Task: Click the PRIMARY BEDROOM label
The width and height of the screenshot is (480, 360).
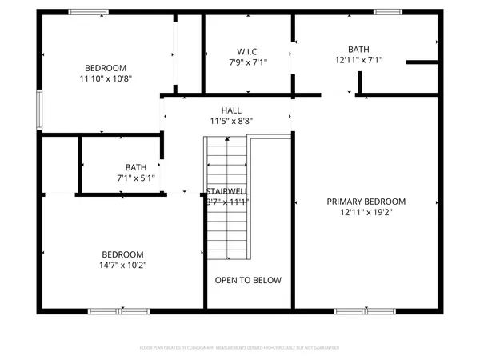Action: click(366, 202)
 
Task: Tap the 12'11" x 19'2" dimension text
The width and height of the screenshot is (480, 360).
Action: click(366, 212)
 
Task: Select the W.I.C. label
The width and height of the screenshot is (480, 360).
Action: click(247, 51)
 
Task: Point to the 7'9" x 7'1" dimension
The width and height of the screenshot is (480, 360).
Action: click(247, 62)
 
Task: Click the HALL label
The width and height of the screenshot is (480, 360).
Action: click(231, 110)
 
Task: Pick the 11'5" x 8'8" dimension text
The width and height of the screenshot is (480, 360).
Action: click(231, 122)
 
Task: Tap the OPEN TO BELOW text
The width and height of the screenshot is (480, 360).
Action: click(248, 280)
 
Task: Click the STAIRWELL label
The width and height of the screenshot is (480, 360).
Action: click(227, 192)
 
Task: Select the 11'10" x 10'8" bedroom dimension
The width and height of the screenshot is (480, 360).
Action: click(106, 79)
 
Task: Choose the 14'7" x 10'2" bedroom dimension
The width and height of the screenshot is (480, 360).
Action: click(123, 265)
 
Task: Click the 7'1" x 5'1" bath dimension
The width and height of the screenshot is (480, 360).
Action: click(124, 178)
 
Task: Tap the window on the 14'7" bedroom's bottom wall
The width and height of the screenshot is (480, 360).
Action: click(106, 310)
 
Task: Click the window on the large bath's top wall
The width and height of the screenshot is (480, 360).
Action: click(388, 12)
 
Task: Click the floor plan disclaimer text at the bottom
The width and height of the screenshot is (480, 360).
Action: click(240, 348)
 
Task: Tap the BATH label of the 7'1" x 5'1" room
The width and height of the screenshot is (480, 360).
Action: click(124, 167)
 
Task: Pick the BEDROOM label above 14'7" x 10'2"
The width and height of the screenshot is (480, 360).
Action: click(123, 254)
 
